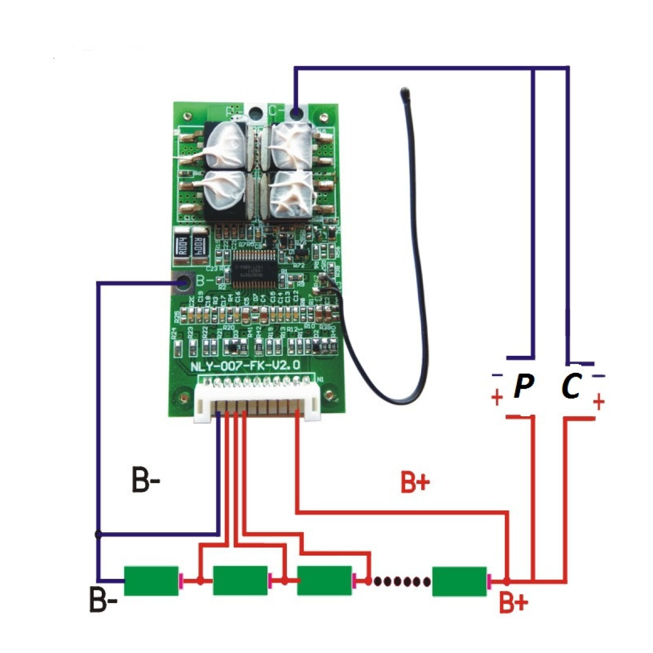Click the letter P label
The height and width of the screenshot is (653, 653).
point(523,386)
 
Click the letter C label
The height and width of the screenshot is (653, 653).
point(572,386)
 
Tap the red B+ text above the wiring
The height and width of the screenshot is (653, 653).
point(415,482)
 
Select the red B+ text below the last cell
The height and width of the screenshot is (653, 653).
point(513,603)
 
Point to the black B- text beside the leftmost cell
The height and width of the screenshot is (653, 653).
point(103,601)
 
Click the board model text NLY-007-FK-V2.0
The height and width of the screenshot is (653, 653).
point(245,366)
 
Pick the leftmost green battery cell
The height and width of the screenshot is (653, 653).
point(151,581)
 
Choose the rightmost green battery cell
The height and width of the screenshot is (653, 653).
point(459,581)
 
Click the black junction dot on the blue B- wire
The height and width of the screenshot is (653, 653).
point(98,534)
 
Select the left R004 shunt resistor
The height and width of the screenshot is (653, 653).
point(183,247)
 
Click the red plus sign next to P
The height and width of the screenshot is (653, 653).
point(497,398)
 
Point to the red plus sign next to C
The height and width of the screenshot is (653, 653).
point(599,403)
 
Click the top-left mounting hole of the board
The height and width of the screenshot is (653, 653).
point(188,115)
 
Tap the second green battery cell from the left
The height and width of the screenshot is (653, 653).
point(240,581)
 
